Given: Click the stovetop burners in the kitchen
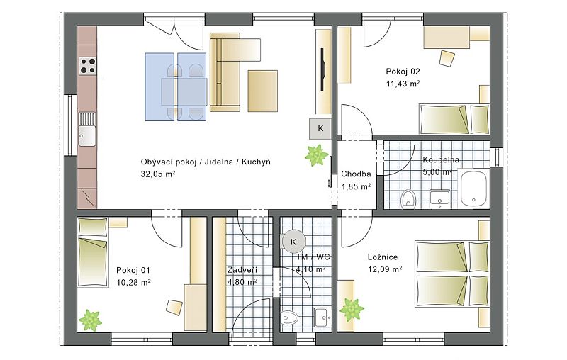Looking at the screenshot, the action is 88,66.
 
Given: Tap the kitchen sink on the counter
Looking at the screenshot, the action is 87,129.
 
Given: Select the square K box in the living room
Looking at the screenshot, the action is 320,129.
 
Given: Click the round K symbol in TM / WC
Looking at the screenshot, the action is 293,242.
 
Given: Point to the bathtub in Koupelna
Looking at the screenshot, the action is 473,189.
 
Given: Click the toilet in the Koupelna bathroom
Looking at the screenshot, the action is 409,198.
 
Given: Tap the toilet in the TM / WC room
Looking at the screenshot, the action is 290,318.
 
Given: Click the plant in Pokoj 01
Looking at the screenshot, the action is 91,320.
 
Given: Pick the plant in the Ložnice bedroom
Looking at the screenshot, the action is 352,310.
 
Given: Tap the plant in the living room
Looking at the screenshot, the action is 316,155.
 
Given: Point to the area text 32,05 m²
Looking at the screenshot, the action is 158,174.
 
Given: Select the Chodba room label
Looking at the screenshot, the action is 356,174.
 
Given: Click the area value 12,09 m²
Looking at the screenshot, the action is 385,269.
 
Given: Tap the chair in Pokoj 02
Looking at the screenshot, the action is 447,59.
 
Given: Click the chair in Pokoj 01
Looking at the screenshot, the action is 174,308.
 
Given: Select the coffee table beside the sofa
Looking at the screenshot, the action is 262,91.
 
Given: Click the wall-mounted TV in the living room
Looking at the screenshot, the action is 322,69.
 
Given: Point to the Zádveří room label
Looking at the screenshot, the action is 242,270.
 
